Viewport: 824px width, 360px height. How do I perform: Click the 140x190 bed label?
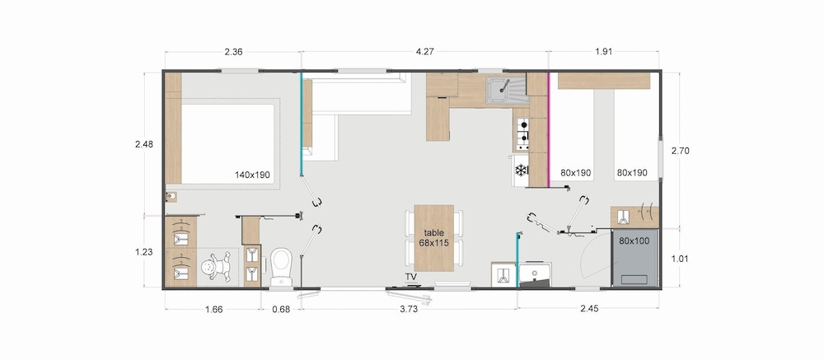[x=252, y=175]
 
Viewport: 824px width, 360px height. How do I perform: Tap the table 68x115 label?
[x=433, y=237]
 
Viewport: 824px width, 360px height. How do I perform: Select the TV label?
[x=410, y=277]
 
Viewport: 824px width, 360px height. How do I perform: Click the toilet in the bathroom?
[x=281, y=266]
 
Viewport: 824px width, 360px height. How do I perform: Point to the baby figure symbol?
[x=216, y=267]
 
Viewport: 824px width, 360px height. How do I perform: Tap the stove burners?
[x=522, y=133]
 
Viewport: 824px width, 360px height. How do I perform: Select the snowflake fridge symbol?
[x=521, y=171]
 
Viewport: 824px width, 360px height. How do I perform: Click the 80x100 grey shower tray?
[x=634, y=258]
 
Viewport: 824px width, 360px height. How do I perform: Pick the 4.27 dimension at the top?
[x=424, y=52]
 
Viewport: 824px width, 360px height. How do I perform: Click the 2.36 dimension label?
[x=233, y=52]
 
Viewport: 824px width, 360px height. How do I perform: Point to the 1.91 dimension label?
[x=603, y=52]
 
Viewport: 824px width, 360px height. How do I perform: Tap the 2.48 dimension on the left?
[x=143, y=144]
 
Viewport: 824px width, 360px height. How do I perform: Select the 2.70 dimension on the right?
[x=680, y=151]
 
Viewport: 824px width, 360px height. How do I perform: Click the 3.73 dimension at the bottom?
[x=409, y=309]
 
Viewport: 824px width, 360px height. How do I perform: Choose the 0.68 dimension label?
[x=281, y=309]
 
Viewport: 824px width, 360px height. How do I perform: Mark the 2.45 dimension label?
[x=589, y=309]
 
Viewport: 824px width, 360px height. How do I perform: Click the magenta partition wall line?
[x=549, y=130]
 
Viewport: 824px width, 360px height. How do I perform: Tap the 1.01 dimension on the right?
[x=680, y=259]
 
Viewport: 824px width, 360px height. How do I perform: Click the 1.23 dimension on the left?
[x=143, y=252]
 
